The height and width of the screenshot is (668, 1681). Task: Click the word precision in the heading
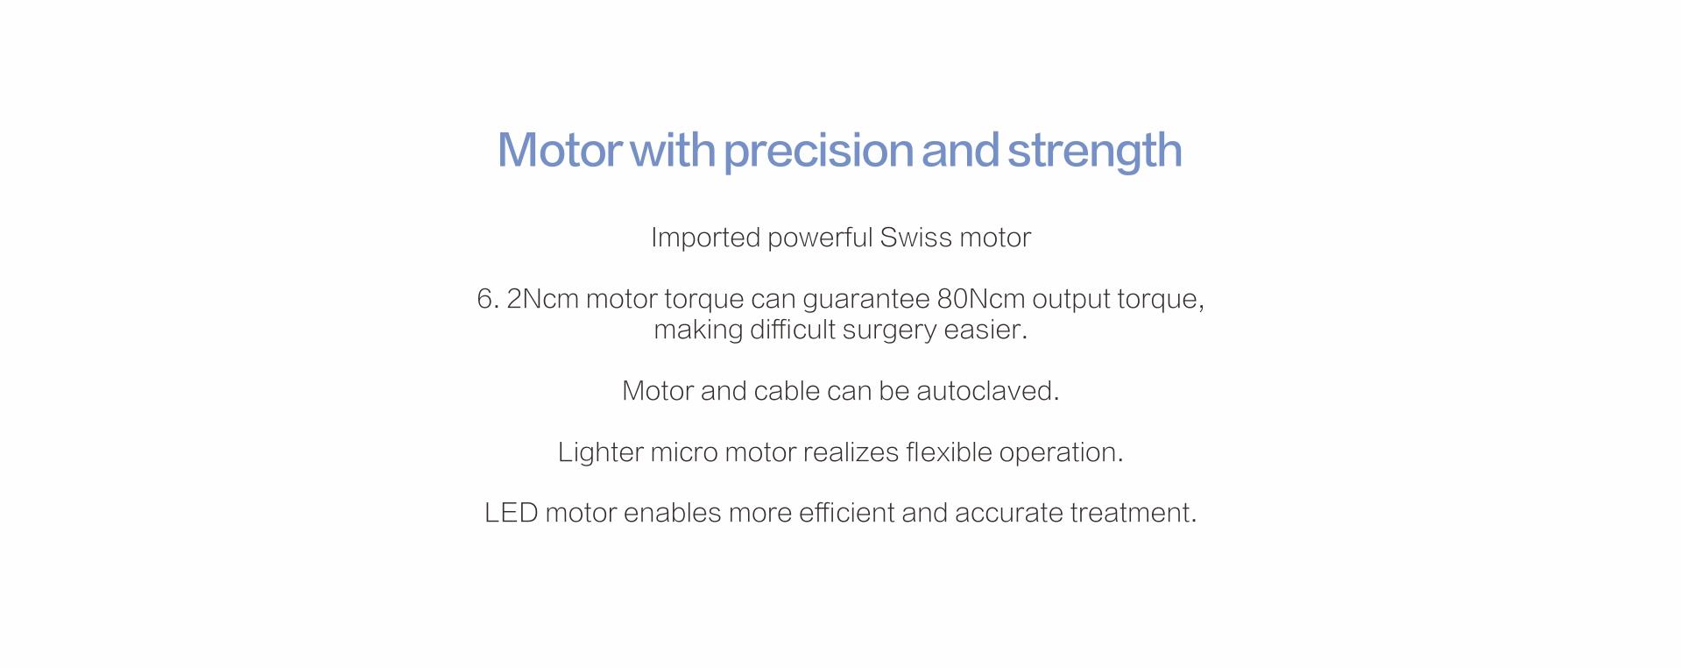[818, 151]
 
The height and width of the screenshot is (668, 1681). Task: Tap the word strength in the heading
[1095, 151]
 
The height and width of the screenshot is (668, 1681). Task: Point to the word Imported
[705, 238]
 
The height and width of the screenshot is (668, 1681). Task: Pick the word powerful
[820, 238]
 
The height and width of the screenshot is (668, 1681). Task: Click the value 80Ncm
[981, 299]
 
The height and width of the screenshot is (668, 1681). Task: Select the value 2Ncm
[542, 299]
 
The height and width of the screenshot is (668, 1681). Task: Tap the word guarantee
[866, 300]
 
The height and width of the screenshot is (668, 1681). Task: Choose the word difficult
[793, 330]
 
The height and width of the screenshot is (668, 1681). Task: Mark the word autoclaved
[987, 391]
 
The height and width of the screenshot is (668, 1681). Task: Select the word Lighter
[600, 452]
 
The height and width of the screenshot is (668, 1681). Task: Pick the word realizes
[851, 452]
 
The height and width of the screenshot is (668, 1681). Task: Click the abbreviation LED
[512, 513]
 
